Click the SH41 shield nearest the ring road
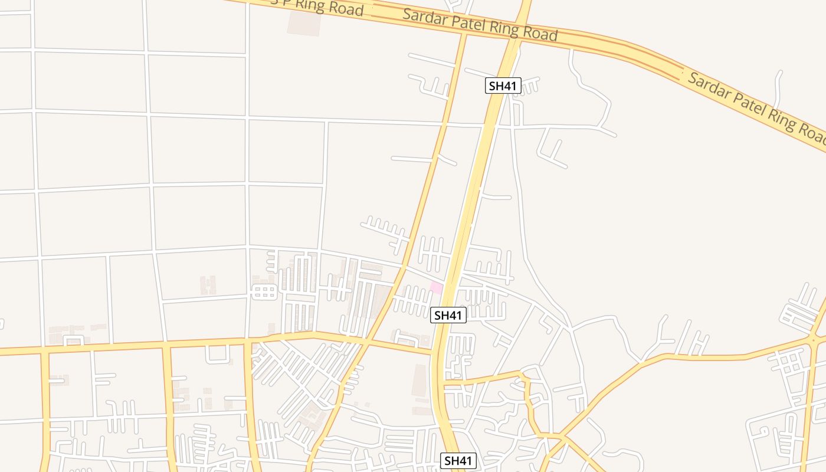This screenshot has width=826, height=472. click(503, 86)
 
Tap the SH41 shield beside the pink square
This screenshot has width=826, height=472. click(448, 315)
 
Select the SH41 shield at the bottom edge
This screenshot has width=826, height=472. click(458, 461)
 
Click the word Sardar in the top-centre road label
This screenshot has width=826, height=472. click(424, 18)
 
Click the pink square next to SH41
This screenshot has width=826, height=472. click(437, 287)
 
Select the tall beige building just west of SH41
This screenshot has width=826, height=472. click(419, 380)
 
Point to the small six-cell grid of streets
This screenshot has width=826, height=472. click(264, 292)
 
